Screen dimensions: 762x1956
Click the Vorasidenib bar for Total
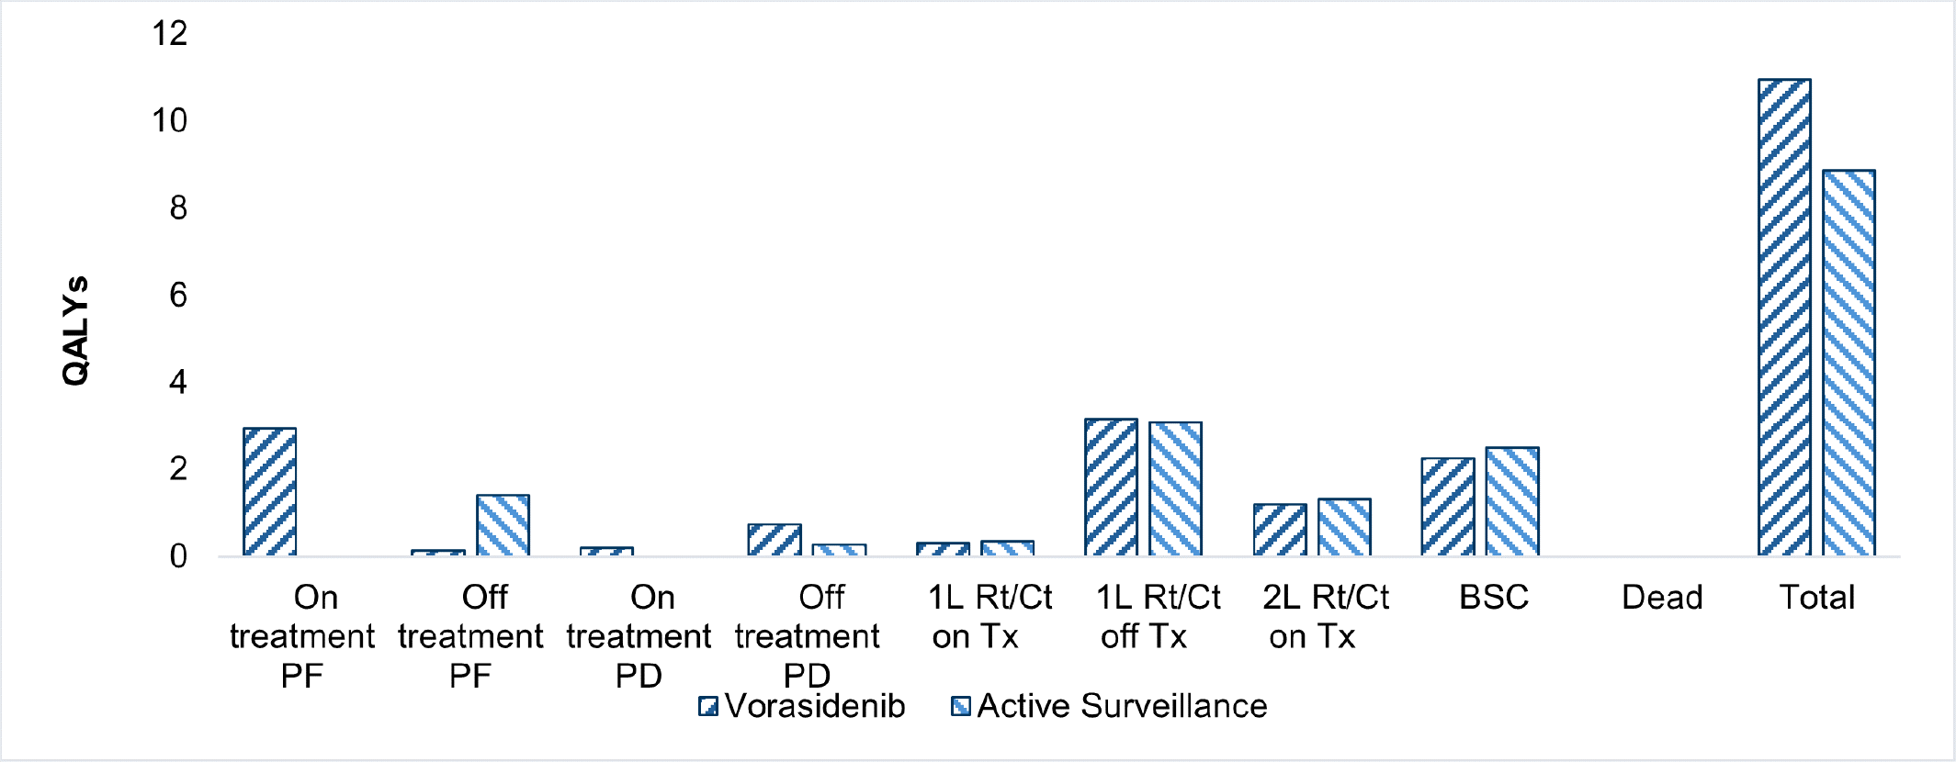[1784, 318]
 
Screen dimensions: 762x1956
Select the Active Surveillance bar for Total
[1849, 363]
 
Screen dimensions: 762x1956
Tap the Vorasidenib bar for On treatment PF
[269, 492]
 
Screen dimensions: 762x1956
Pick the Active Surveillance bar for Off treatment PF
[503, 525]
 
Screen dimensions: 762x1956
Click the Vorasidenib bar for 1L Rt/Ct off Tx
[1111, 487]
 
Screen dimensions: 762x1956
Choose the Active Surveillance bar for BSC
[1511, 501]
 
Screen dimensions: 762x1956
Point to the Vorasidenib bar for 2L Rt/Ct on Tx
[1279, 530]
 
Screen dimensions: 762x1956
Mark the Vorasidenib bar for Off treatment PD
[774, 540]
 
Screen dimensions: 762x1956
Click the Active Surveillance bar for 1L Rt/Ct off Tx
[1175, 489]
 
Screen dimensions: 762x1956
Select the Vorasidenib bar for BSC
[1447, 507]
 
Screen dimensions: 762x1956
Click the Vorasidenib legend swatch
[707, 706]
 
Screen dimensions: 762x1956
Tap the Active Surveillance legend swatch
[960, 706]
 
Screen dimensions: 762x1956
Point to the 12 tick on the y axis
[170, 34]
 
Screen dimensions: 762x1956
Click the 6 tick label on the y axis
[177, 296]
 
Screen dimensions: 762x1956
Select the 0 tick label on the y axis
[177, 556]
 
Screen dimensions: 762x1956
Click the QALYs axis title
[75, 331]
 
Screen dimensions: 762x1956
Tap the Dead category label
[1662, 598]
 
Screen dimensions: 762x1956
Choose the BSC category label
[1493, 598]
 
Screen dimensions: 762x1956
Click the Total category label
[1816, 598]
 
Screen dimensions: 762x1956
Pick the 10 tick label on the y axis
[170, 121]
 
